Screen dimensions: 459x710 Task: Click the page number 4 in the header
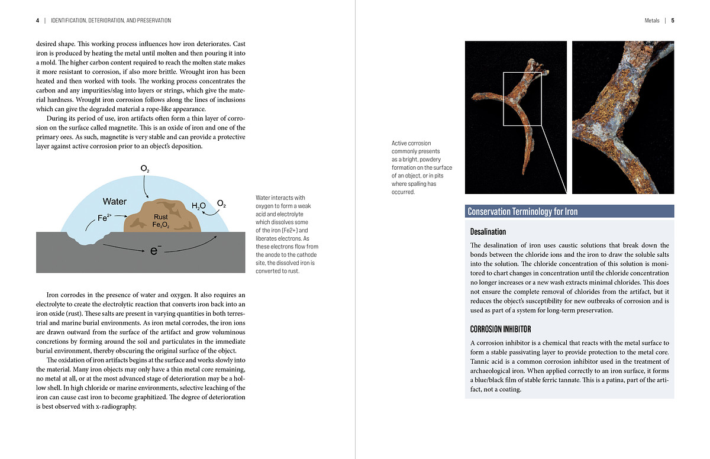pyautogui.click(x=37, y=21)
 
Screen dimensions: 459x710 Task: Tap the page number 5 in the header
pyautogui.click(x=673, y=21)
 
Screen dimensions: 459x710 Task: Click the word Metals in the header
pyautogui.click(x=651, y=21)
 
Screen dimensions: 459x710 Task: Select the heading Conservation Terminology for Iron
pyautogui.click(x=522, y=211)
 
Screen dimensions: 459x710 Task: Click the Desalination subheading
pyautogui.click(x=488, y=231)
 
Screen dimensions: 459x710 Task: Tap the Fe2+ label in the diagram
pyautogui.click(x=104, y=217)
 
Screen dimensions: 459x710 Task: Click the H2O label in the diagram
pyautogui.click(x=199, y=206)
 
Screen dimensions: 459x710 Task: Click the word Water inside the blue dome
pyautogui.click(x=115, y=202)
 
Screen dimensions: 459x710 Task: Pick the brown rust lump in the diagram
pyautogui.click(x=162, y=217)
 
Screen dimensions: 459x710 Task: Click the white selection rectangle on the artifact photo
pyautogui.click(x=522, y=98)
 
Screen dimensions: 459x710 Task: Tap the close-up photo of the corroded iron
pyautogui.click(x=623, y=117)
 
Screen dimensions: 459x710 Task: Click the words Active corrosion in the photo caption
pyautogui.click(x=411, y=143)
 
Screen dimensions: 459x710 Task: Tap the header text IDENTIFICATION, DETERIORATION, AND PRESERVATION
pyautogui.click(x=111, y=21)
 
